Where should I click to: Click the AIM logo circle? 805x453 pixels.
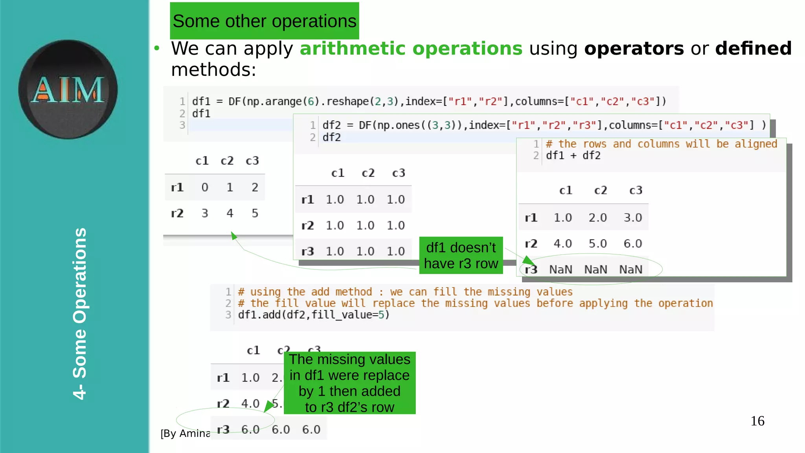68,89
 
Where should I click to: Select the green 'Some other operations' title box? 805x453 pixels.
264,21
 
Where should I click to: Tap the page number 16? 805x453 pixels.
757,421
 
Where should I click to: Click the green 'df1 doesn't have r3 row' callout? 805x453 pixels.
461,256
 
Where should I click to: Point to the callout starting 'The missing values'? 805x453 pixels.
349,383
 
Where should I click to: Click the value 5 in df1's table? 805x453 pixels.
255,213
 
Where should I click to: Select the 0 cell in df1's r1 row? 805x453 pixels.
205,187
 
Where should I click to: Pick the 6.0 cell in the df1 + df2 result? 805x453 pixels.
632,243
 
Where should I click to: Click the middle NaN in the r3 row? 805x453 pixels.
595,269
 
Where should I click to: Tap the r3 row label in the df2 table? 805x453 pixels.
307,251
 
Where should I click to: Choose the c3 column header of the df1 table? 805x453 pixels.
252,161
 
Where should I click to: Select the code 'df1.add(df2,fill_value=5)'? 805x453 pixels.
314,315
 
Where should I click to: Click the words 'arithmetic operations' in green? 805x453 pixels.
411,48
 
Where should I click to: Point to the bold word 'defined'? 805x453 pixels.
753,48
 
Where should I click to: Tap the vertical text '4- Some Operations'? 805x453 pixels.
80,313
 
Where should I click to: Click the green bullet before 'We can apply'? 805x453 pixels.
157,48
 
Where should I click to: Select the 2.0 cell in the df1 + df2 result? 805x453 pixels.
597,217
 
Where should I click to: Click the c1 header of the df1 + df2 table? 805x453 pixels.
566,190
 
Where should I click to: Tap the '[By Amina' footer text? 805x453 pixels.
185,433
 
